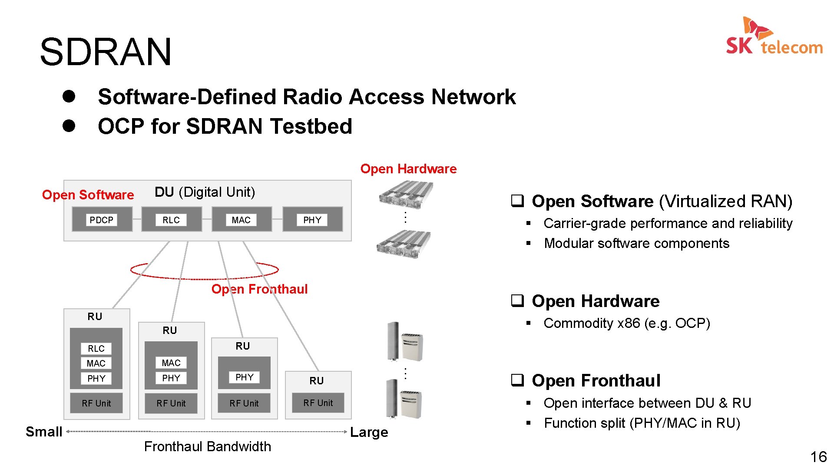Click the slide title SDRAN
pyautogui.click(x=106, y=52)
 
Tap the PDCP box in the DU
pyautogui.click(x=102, y=220)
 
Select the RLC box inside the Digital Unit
pyautogui.click(x=171, y=220)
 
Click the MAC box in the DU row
pyautogui.click(x=241, y=220)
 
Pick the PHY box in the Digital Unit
pyautogui.click(x=312, y=220)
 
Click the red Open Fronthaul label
pyautogui.click(x=259, y=289)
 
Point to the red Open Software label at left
pyautogui.click(x=88, y=195)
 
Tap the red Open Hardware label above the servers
pyautogui.click(x=408, y=169)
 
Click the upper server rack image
pyautogui.click(x=406, y=195)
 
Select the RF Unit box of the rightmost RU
pyautogui.click(x=318, y=403)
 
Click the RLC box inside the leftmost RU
pyautogui.click(x=96, y=349)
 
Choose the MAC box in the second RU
pyautogui.click(x=171, y=363)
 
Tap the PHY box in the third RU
pyautogui.click(x=244, y=377)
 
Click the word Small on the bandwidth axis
pyautogui.click(x=44, y=432)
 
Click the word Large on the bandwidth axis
pyautogui.click(x=369, y=432)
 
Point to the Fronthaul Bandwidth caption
pyautogui.click(x=207, y=446)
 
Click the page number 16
pyautogui.click(x=818, y=457)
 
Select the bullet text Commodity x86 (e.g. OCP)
pyautogui.click(x=626, y=323)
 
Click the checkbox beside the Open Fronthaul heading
pyautogui.click(x=517, y=380)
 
